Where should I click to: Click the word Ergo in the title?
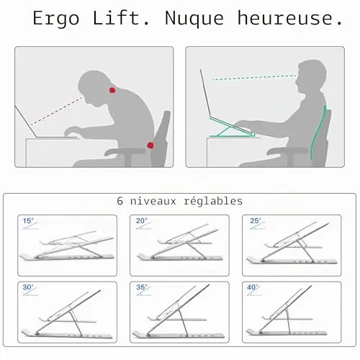55,19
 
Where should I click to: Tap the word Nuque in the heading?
194,18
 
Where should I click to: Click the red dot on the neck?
112,90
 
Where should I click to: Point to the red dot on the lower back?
150,145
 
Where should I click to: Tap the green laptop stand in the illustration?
232,128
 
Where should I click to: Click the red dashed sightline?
57,111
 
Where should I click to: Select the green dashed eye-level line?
254,78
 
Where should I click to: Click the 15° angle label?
28,220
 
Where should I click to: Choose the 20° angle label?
141,220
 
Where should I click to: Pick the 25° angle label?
256,220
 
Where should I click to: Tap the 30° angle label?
28,287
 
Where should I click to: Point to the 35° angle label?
142,287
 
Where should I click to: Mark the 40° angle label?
253,287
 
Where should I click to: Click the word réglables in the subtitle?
213,201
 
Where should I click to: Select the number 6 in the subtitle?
120,201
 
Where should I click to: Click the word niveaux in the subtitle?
153,201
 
